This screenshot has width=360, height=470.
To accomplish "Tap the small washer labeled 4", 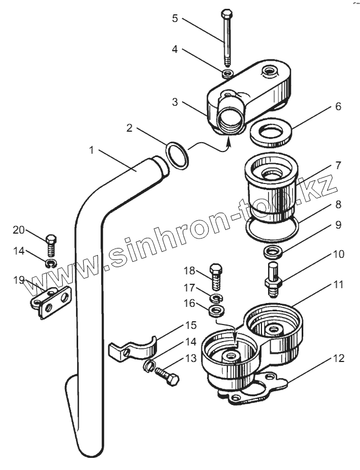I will [x=227, y=73].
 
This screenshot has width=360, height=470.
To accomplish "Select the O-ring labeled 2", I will [x=176, y=154].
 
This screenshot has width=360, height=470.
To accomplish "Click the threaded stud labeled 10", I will [x=274, y=275].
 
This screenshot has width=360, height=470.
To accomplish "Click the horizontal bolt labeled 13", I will [x=165, y=377].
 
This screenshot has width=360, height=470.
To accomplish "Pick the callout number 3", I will [x=174, y=102].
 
